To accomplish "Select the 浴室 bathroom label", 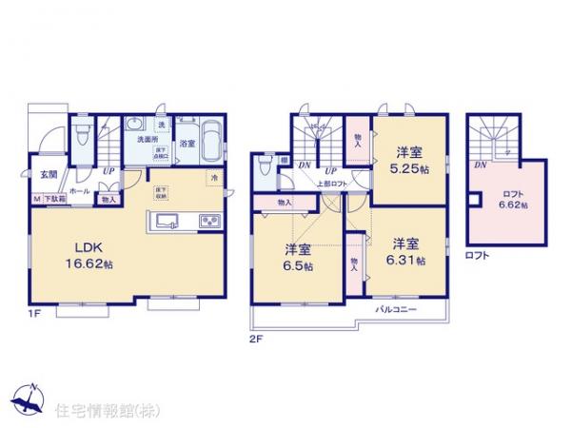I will [x=187, y=144].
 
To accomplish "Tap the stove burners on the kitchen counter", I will [x=208, y=223].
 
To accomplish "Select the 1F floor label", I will [x=36, y=312].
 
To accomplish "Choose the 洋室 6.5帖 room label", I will [x=298, y=256].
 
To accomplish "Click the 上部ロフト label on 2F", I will [x=334, y=184].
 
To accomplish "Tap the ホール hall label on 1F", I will [x=80, y=190].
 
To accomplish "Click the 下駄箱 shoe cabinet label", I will [x=51, y=200].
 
